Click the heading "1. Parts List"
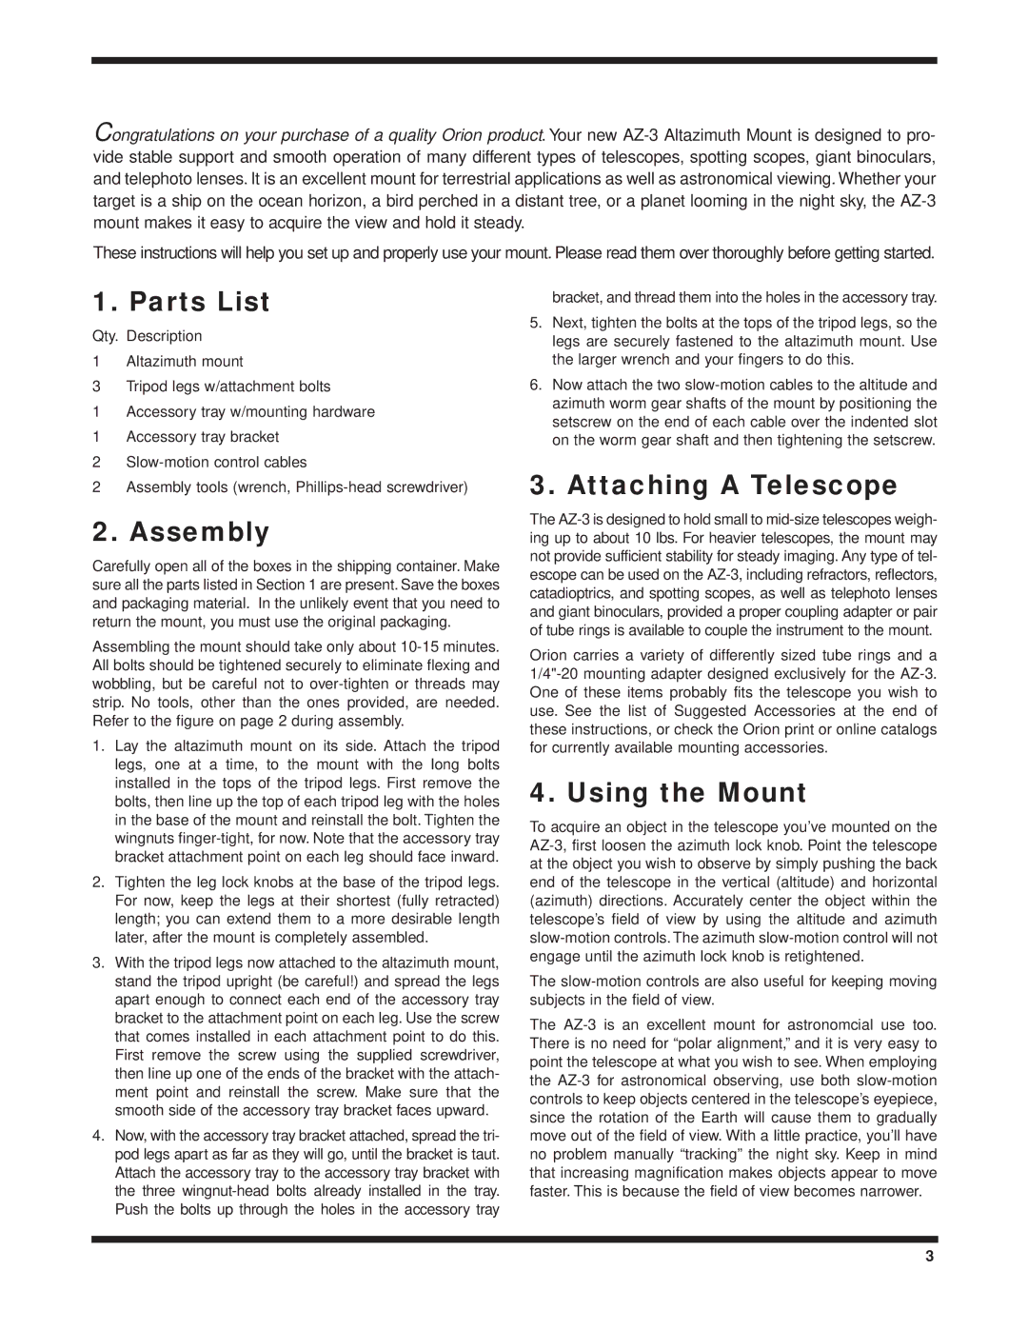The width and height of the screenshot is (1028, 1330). coord(181,302)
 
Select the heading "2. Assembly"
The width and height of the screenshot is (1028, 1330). coord(181,532)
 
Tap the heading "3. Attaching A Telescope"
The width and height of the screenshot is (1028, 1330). coord(713,486)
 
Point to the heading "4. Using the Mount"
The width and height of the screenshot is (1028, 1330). coord(668,793)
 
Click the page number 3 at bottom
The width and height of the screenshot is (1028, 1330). coord(930,1257)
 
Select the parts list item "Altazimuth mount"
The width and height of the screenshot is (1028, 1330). coord(185,362)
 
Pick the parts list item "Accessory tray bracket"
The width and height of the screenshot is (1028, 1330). coord(203,437)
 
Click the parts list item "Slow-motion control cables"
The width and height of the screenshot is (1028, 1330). coord(216,463)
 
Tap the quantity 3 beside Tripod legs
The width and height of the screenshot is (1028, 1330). coord(96,387)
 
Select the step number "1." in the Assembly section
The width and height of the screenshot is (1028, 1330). coord(98,746)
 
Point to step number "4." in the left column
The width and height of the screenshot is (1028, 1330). coord(98,1136)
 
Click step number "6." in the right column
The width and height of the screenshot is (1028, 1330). coord(535,386)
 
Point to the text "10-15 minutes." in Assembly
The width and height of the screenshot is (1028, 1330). coord(450,647)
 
